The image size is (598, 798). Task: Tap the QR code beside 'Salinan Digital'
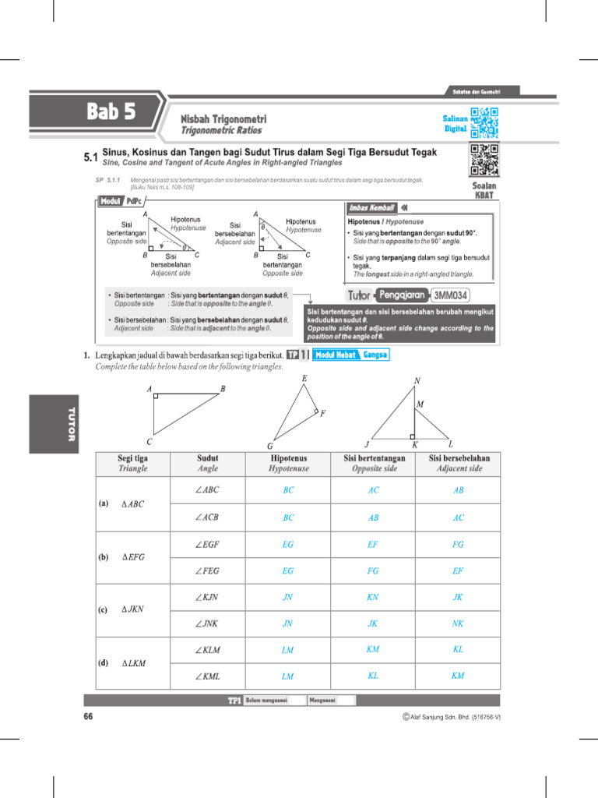pos(484,122)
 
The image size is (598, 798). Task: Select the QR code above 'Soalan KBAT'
pos(484,161)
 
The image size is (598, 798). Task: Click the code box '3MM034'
pos(452,295)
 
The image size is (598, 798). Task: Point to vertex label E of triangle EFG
pos(304,379)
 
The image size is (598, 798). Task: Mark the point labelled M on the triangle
pos(420,404)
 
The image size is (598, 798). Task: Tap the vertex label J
pos(366,444)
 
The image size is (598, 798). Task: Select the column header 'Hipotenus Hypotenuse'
pos(289,464)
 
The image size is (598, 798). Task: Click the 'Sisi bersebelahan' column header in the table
pos(459,464)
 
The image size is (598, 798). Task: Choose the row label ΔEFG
pos(133,557)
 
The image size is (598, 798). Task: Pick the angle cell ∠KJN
pos(207,598)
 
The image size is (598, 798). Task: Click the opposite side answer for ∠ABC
pos(373,490)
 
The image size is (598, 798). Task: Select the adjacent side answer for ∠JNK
pos(458,623)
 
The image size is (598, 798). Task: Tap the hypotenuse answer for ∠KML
pos(288,676)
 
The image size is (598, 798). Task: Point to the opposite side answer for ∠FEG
pos(373,570)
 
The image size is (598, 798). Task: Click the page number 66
pos(88,716)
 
